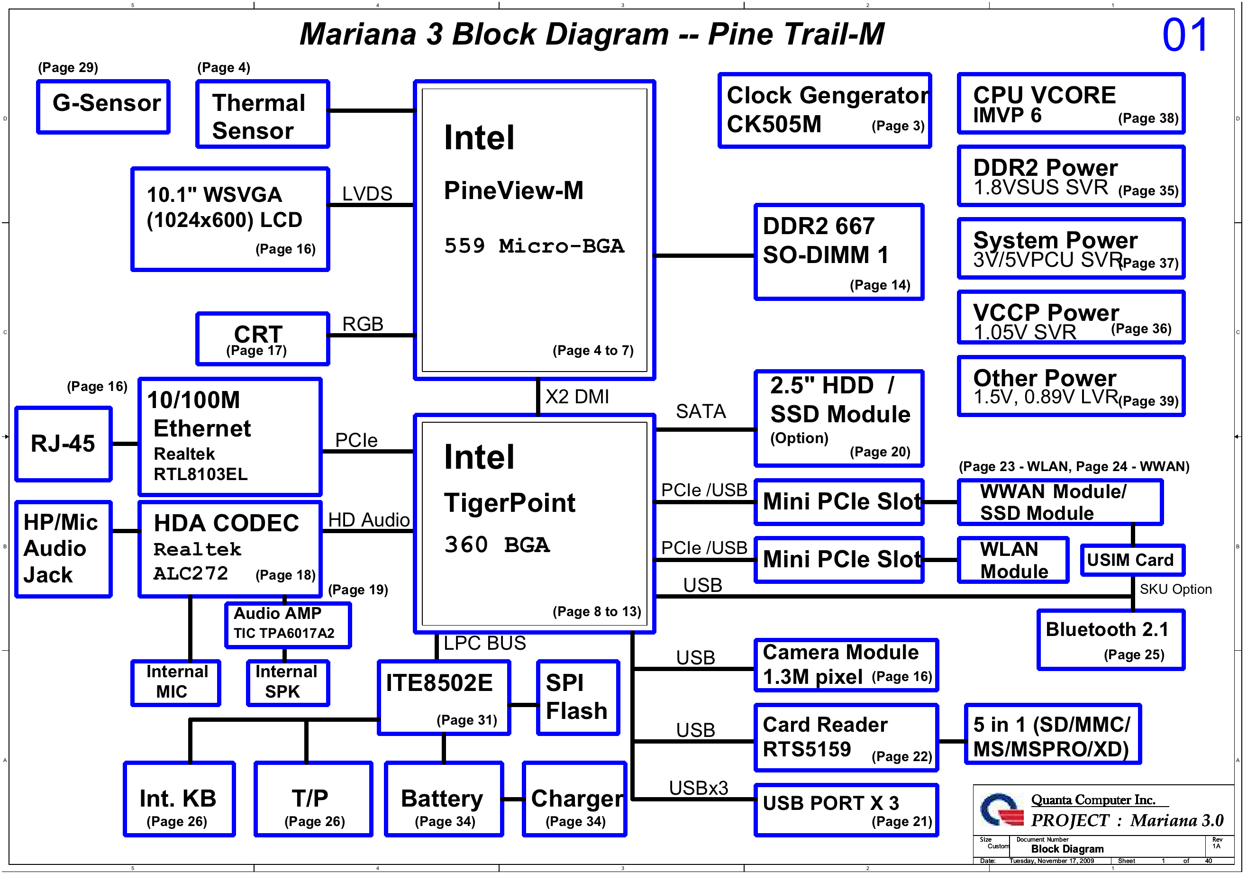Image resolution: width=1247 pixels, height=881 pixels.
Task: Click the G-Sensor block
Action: click(103, 107)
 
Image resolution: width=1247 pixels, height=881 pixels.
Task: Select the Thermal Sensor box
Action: click(263, 114)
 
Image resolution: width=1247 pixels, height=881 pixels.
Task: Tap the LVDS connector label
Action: click(367, 194)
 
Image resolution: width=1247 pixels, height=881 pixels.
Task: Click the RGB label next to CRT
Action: click(363, 324)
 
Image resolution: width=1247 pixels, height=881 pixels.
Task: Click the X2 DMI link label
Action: click(577, 397)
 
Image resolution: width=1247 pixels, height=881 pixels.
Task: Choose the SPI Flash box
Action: click(578, 698)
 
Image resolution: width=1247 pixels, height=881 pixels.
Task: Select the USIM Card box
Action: click(1132, 560)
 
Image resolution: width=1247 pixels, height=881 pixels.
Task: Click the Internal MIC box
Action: click(176, 683)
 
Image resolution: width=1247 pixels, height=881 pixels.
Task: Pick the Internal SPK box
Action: click(288, 683)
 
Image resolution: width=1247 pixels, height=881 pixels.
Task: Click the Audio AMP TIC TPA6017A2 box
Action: click(288, 625)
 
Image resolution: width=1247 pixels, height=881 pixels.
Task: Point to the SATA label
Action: click(701, 412)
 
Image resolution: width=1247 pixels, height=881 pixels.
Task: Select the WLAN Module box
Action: click(1013, 561)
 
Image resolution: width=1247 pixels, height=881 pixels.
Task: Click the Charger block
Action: click(575, 799)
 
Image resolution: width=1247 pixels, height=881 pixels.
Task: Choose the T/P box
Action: click(313, 799)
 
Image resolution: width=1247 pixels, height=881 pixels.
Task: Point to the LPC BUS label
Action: click(484, 644)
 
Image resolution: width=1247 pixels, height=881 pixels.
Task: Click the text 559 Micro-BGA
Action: click(534, 246)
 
